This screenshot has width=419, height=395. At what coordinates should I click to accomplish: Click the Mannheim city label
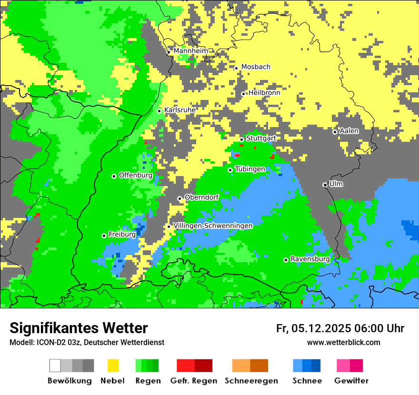pos(190,51)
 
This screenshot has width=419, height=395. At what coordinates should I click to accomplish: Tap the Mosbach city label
pos(256,67)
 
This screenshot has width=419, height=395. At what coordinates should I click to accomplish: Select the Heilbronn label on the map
pos(264,93)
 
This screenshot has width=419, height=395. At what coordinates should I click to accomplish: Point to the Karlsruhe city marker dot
pos(160,111)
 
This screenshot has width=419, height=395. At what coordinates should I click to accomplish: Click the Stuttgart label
pos(261,138)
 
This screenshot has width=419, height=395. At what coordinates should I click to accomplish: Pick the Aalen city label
pos(349,131)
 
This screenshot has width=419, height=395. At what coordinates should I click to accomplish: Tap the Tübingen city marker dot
pos(230,170)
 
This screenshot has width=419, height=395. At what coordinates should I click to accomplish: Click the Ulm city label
pos(336,184)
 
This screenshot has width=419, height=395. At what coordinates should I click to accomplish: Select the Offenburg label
pos(135,175)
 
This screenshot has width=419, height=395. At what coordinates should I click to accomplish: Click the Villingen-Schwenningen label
pos(213,226)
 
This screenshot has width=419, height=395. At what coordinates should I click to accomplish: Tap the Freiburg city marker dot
pos(104,236)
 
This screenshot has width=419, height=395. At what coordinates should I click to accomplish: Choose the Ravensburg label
pos(310,259)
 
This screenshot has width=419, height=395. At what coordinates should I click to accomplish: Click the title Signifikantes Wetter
pos(79,328)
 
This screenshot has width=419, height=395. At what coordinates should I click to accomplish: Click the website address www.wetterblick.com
pos(343,342)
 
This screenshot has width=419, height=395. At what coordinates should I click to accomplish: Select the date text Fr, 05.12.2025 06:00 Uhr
pos(340,328)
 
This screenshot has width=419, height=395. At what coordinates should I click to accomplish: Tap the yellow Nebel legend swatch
pos(113,365)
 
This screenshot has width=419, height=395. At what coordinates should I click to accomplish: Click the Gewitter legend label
pos(351,381)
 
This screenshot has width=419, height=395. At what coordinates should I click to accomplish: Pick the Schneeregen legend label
pos(251,381)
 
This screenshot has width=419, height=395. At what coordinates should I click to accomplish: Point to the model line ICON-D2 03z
pos(87,342)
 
